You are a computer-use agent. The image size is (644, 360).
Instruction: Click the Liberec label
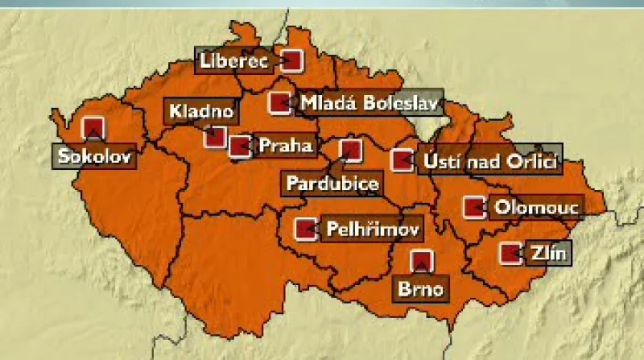[x=235, y=60]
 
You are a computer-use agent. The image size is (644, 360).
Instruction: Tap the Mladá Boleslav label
[x=366, y=103]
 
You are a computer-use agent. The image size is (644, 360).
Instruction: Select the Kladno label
[x=201, y=111]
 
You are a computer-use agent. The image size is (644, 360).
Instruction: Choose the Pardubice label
[x=332, y=184]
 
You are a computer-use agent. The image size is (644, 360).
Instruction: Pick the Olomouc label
[x=535, y=207]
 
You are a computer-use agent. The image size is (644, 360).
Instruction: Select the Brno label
[x=419, y=288]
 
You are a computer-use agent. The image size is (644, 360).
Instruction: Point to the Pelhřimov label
[x=372, y=230]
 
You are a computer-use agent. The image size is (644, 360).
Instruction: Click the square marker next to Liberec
[x=291, y=60]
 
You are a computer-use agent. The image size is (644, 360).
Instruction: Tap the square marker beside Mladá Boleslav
[x=279, y=103]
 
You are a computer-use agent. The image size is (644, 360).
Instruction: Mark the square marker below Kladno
[x=214, y=136]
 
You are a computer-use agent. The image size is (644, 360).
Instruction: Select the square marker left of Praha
[x=239, y=146]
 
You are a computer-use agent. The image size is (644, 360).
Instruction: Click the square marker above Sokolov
[x=94, y=127]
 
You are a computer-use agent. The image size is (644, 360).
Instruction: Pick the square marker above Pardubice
[x=350, y=149]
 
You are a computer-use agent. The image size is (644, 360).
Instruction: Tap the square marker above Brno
[x=421, y=261]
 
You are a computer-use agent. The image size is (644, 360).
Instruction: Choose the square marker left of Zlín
[x=510, y=254]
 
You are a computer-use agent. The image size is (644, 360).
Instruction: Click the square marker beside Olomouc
[x=474, y=207]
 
